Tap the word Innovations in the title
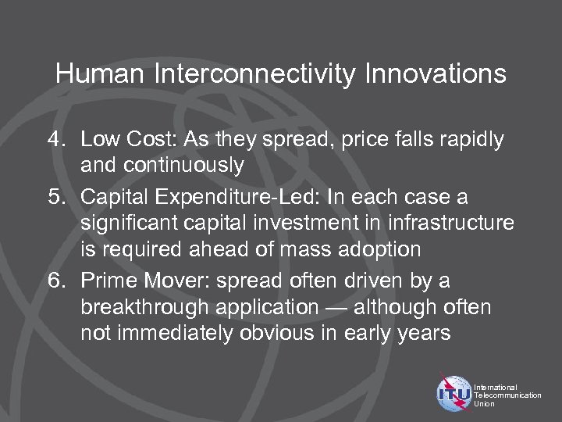[x=429, y=75]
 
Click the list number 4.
[x=55, y=141]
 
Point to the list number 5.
[x=55, y=195]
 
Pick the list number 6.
[x=55, y=280]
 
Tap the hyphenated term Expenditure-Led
[x=262, y=195]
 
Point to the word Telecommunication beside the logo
[x=507, y=395]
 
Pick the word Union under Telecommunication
[x=484, y=404]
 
